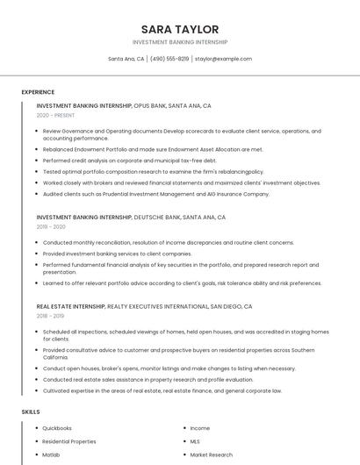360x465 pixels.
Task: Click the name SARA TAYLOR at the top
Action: pyautogui.click(x=180, y=29)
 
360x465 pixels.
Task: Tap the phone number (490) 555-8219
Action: pyautogui.click(x=169, y=59)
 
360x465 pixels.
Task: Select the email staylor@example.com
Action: pyautogui.click(x=223, y=59)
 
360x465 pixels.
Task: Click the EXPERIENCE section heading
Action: pyautogui.click(x=38, y=92)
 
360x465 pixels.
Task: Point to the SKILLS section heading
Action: pyautogui.click(x=31, y=411)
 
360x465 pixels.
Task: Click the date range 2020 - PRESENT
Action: pyautogui.click(x=55, y=115)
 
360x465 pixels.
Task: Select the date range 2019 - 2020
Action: pyautogui.click(x=51, y=226)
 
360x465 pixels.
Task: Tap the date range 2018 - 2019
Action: pyautogui.click(x=50, y=316)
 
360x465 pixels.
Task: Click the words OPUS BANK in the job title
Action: pyautogui.click(x=149, y=105)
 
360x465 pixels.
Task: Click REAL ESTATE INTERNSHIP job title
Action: pyautogui.click(x=70, y=306)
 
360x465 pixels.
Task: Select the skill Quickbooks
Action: pyautogui.click(x=57, y=428)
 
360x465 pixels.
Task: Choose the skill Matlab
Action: pyautogui.click(x=51, y=455)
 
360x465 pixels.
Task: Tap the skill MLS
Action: pyautogui.click(x=195, y=441)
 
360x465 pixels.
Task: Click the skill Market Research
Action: pyautogui.click(x=211, y=455)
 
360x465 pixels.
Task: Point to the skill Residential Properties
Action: pyautogui.click(x=69, y=441)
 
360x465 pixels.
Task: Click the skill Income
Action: pyautogui.click(x=200, y=428)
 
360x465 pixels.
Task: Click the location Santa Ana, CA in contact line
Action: pyautogui.click(x=126, y=59)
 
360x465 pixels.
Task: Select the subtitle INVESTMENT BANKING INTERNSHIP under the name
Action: pyautogui.click(x=180, y=41)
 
